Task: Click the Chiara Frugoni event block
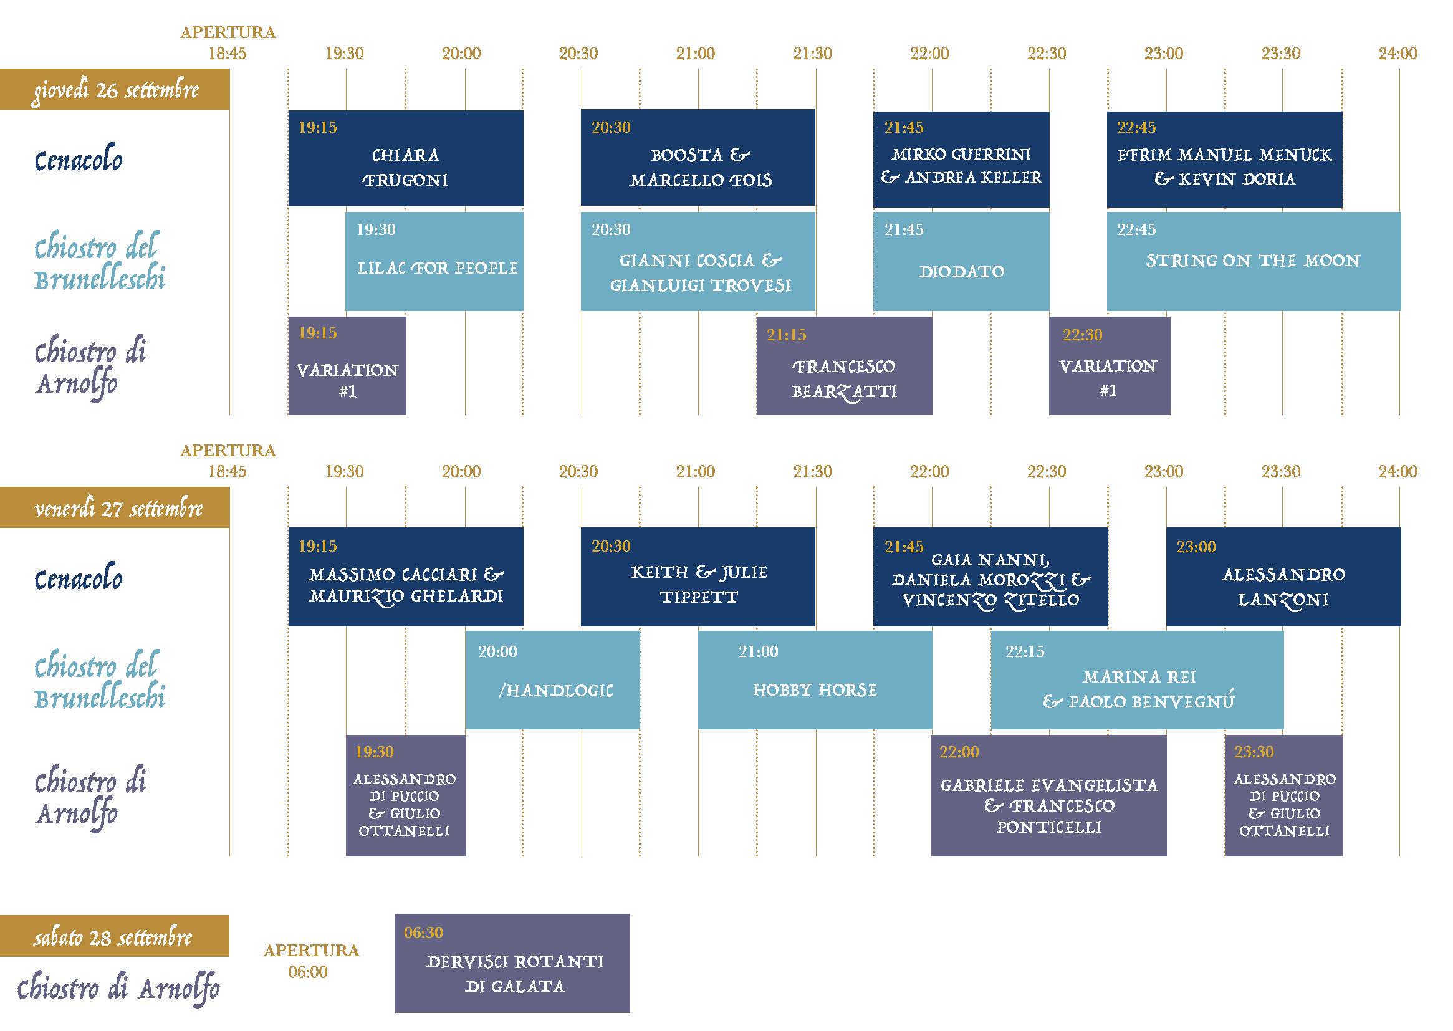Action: [406, 159]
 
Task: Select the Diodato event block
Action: [961, 262]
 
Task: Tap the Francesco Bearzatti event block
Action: [844, 367]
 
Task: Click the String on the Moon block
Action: [1254, 262]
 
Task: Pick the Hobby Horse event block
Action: [815, 680]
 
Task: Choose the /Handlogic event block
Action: [552, 680]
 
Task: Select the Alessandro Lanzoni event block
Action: [1283, 577]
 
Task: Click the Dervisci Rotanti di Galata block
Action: [512, 963]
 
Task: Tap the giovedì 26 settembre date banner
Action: [115, 90]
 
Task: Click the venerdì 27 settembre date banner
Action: [115, 508]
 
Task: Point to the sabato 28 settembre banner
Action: [115, 936]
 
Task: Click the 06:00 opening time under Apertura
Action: [308, 972]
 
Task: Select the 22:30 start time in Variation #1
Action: [1082, 335]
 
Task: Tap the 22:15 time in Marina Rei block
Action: [1025, 651]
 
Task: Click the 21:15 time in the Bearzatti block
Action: [787, 335]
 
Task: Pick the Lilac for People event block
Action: [434, 262]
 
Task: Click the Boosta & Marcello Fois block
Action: [698, 158]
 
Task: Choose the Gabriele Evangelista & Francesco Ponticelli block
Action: [1048, 795]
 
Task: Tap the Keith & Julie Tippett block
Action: [698, 577]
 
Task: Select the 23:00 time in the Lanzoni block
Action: [1196, 547]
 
